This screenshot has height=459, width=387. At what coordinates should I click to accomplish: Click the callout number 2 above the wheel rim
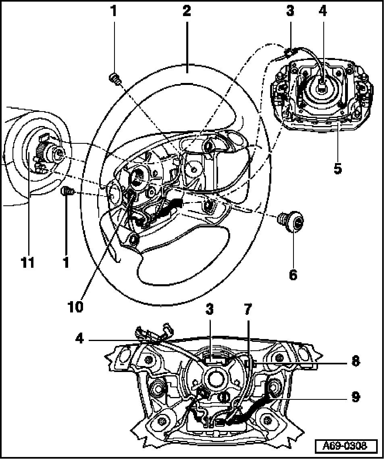pos(186,11)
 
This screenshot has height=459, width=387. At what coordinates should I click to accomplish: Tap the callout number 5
pos(338,169)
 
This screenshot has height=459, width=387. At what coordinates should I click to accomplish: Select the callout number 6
pos(293,275)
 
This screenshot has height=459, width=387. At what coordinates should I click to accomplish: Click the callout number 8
pos(355,361)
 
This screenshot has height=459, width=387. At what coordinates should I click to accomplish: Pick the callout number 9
pos(355,397)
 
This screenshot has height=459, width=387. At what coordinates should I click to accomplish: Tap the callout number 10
pos(75,306)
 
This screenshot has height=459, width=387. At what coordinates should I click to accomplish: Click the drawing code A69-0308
pos(346,446)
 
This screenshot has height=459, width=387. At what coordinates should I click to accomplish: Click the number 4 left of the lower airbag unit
pos(79,339)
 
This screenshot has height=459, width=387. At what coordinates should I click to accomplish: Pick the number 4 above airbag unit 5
pos(322,11)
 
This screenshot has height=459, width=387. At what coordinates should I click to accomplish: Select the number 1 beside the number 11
pos(66,263)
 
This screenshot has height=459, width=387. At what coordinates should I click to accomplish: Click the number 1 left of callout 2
pos(114,11)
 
